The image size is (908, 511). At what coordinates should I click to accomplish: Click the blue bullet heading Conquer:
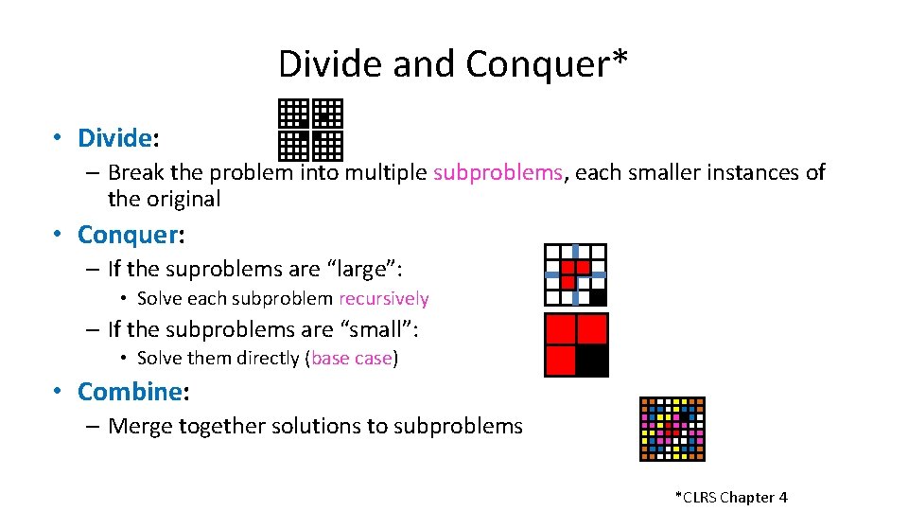point(128,234)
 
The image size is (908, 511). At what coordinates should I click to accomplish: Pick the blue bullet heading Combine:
point(130,391)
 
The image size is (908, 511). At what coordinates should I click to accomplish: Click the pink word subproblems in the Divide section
point(498,172)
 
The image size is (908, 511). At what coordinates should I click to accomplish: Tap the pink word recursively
point(383,299)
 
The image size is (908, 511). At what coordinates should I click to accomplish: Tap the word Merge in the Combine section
point(139,426)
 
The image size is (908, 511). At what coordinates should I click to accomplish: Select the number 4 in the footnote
point(782,497)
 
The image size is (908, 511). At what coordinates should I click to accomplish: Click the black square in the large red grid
point(593,361)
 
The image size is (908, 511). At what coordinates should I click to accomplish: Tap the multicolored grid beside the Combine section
point(672,429)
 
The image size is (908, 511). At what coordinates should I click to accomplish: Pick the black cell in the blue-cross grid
point(598,297)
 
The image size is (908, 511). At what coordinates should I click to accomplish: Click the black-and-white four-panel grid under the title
point(310,130)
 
